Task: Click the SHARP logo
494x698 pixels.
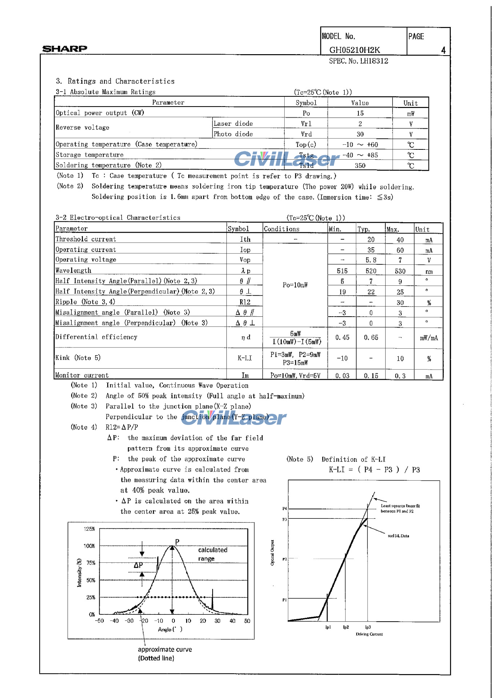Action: click(65, 49)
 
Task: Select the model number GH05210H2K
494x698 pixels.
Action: click(354, 50)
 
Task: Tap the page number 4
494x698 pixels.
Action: click(443, 50)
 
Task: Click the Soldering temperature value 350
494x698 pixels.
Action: click(360, 166)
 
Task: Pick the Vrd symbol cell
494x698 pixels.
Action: click(306, 134)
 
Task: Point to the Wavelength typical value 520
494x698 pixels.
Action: click(371, 271)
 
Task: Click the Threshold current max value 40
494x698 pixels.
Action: click(400, 240)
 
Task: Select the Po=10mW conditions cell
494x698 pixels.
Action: click(295, 285)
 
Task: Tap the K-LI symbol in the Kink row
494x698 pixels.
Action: click(245, 358)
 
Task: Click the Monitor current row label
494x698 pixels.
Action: click(82, 375)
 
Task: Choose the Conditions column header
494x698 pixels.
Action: click(281, 229)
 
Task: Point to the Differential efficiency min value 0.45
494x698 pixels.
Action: click(342, 338)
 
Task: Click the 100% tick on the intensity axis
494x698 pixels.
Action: click(89, 546)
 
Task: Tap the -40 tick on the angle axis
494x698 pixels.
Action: click(115, 621)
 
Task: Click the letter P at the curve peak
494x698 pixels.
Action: click(177, 542)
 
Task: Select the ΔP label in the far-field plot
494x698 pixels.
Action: click(138, 565)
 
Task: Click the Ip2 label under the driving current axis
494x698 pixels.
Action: click(346, 627)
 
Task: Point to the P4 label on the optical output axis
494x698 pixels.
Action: click(284, 509)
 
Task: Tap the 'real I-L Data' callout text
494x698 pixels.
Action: click(398, 536)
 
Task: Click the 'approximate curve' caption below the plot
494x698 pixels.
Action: click(165, 649)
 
